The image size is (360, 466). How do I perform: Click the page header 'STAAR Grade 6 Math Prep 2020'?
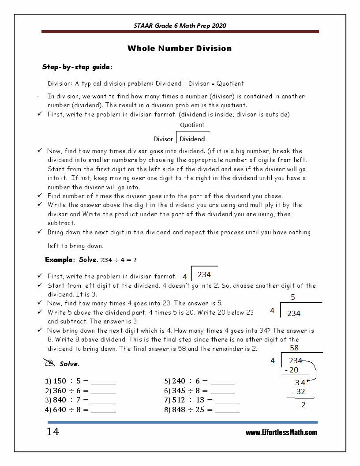(180, 26)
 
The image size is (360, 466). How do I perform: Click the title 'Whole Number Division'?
(180, 49)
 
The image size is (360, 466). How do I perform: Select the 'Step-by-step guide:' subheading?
(77, 67)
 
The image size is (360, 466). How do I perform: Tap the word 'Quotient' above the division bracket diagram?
(192, 125)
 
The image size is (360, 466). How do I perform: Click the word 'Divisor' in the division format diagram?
(163, 139)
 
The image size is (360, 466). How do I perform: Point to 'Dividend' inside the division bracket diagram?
(192, 139)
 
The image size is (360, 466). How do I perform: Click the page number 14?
(52, 432)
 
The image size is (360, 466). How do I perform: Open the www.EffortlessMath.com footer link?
(281, 432)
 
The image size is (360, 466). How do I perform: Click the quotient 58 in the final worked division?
(294, 348)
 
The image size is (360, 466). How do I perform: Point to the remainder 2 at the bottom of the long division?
(304, 405)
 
